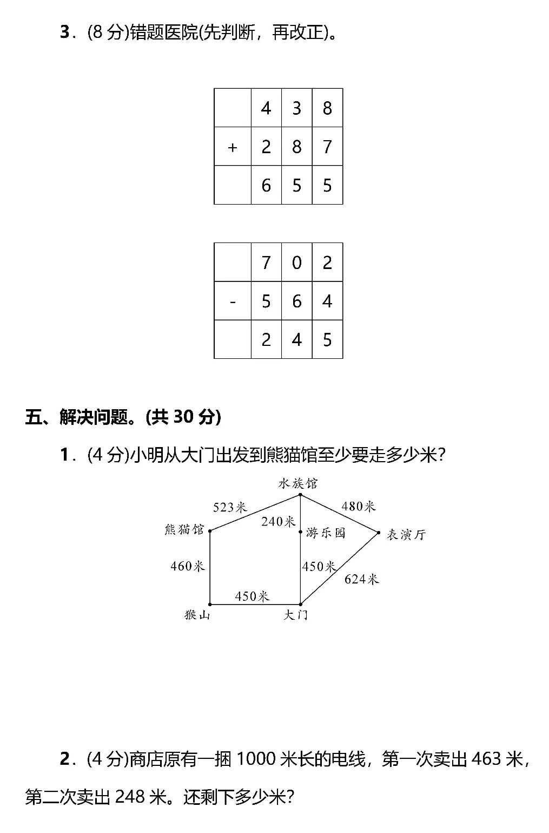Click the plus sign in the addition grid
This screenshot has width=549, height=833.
click(x=233, y=147)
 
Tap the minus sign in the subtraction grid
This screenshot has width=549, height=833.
click(x=233, y=301)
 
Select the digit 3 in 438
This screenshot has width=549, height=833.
click(x=296, y=108)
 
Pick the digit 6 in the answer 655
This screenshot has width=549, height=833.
click(x=266, y=186)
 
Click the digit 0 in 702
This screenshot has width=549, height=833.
click(x=296, y=263)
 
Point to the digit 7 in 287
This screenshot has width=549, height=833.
click(x=327, y=147)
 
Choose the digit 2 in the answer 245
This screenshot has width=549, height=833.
click(x=266, y=340)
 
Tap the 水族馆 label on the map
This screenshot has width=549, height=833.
click(x=298, y=483)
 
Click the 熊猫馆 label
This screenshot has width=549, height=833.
click(x=184, y=529)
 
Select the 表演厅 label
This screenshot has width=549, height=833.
click(x=406, y=535)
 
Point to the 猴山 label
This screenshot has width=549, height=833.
click(x=197, y=615)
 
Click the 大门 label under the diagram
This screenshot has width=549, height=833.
click(x=296, y=615)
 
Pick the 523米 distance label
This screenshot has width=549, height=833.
click(x=229, y=507)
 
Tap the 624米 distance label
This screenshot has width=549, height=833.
click(x=361, y=579)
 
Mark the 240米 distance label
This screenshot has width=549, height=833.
click(x=278, y=521)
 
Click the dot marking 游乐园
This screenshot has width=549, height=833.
click(x=301, y=533)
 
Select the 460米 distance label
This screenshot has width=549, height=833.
click(x=187, y=566)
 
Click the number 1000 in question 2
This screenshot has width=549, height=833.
click(x=256, y=759)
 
